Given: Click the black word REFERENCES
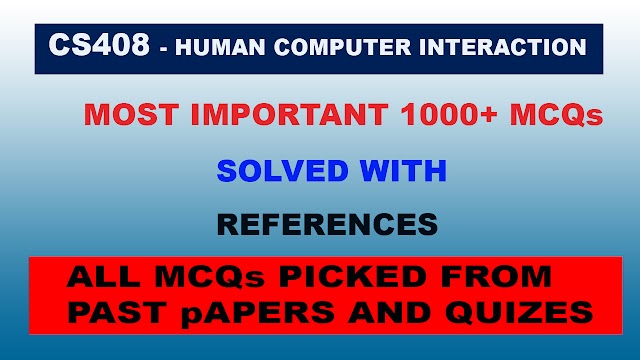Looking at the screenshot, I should [x=327, y=225].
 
